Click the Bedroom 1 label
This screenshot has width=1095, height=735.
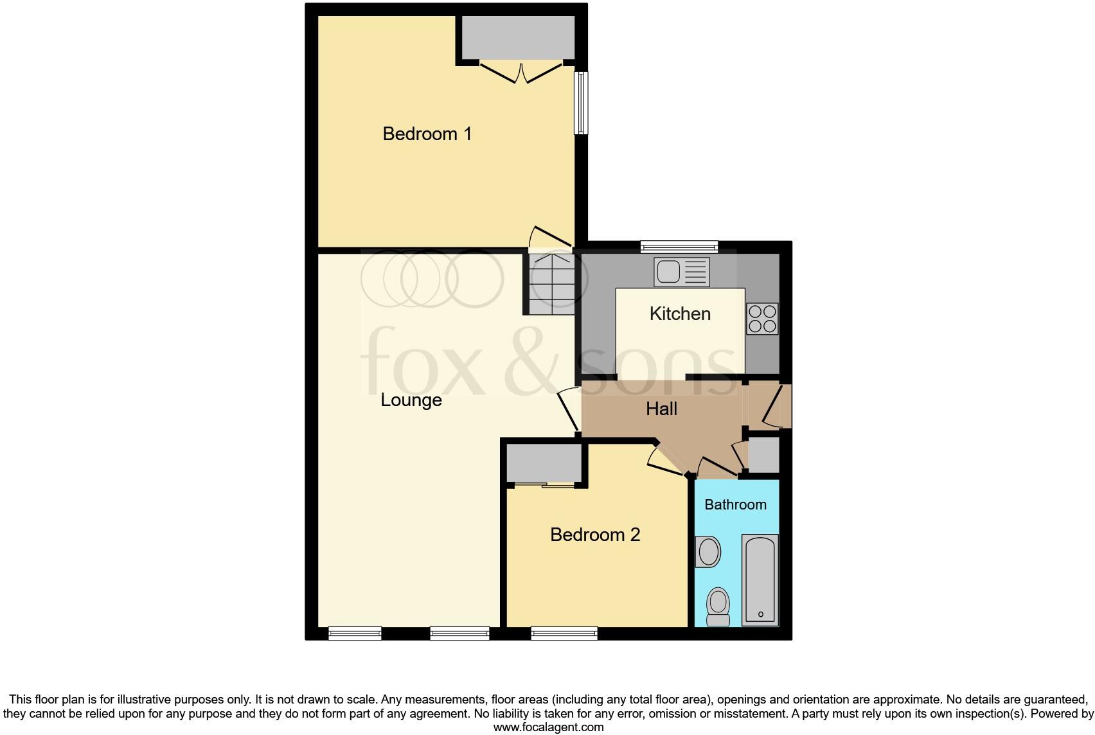coord(427,134)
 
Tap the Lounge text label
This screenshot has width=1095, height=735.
coord(411,400)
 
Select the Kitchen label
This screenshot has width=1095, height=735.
coord(680,314)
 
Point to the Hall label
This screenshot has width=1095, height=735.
coord(662,409)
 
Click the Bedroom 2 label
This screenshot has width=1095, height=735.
coord(595,535)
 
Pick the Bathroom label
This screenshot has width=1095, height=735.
coord(735,504)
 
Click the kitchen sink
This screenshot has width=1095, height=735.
coord(682,271)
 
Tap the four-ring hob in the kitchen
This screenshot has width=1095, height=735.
coord(762,319)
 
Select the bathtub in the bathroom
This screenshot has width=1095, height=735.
coord(760,580)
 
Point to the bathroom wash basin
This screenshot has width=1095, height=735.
coord(708,552)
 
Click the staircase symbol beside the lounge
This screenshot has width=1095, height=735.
coord(550,283)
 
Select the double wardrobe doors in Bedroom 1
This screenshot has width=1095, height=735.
coord(521,71)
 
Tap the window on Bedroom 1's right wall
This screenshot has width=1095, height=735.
coord(581,103)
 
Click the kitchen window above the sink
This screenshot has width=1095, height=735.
coord(679,247)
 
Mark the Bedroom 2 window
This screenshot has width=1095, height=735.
coord(564,633)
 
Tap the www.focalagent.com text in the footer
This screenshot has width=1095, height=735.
coord(548,727)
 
